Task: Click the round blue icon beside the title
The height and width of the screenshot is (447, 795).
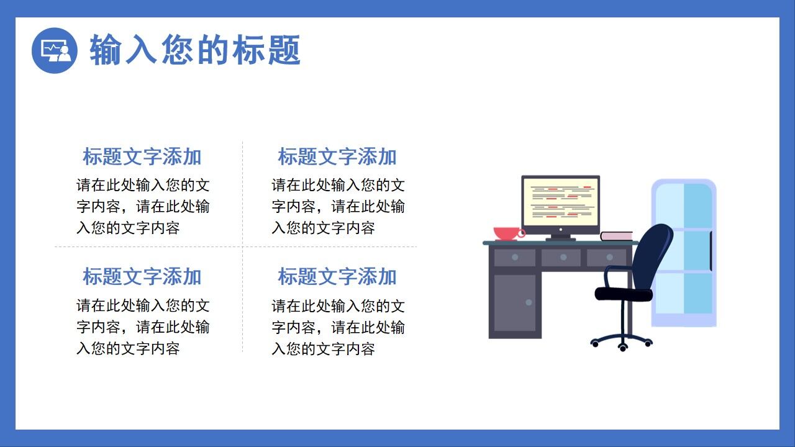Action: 55,50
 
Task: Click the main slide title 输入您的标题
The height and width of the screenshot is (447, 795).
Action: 195,50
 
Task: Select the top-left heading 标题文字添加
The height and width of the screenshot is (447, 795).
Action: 142,157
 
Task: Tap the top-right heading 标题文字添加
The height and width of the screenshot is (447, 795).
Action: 337,157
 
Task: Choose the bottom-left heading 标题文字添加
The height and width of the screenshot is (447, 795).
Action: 142,277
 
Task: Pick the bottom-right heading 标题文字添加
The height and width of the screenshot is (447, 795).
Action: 337,277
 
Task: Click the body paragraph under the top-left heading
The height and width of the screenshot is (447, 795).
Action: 143,207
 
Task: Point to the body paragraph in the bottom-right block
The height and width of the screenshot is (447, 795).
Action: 338,327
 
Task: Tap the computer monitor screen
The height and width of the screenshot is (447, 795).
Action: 561,201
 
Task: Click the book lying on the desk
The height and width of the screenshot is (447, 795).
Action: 616,236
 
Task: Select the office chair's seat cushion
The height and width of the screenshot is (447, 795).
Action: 623,293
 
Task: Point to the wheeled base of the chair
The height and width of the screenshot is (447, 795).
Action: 622,341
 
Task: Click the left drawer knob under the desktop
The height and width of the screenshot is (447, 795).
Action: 515,257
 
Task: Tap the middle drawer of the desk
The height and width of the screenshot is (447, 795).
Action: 561,257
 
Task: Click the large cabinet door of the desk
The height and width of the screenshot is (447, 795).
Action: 514,303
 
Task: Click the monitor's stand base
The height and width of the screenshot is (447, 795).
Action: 560,238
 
